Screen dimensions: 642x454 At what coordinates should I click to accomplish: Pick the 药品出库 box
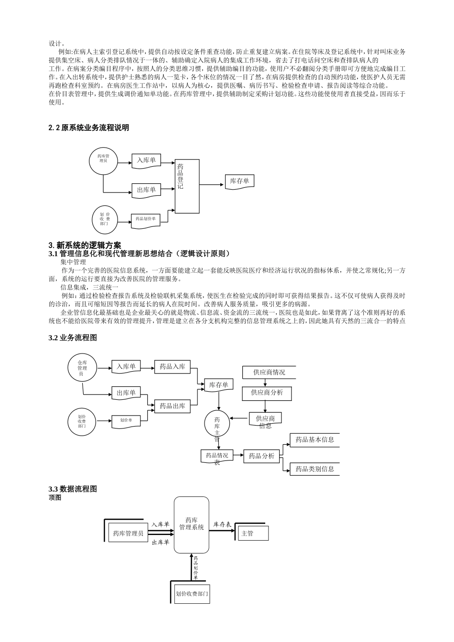coord(172,406)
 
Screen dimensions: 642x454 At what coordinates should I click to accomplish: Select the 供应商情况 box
coord(269,372)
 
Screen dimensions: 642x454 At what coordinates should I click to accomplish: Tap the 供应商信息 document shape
coord(265,419)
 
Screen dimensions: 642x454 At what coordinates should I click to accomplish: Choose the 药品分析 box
coord(261,456)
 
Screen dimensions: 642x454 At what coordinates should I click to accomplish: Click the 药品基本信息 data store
coord(314,440)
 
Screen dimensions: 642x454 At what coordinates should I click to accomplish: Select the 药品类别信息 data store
coord(314,469)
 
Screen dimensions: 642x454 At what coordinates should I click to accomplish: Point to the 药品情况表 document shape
coord(216,456)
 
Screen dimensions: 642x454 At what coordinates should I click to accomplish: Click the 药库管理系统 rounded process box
coord(191,524)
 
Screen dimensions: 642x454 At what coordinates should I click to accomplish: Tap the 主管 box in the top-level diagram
coord(253,533)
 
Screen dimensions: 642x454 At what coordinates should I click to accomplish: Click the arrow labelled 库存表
coord(223,530)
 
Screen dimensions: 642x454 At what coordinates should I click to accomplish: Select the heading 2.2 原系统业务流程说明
coord(88,128)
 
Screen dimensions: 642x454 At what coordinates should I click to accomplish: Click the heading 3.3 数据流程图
coord(73,489)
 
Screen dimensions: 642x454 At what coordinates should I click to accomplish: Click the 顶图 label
coord(55,497)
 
